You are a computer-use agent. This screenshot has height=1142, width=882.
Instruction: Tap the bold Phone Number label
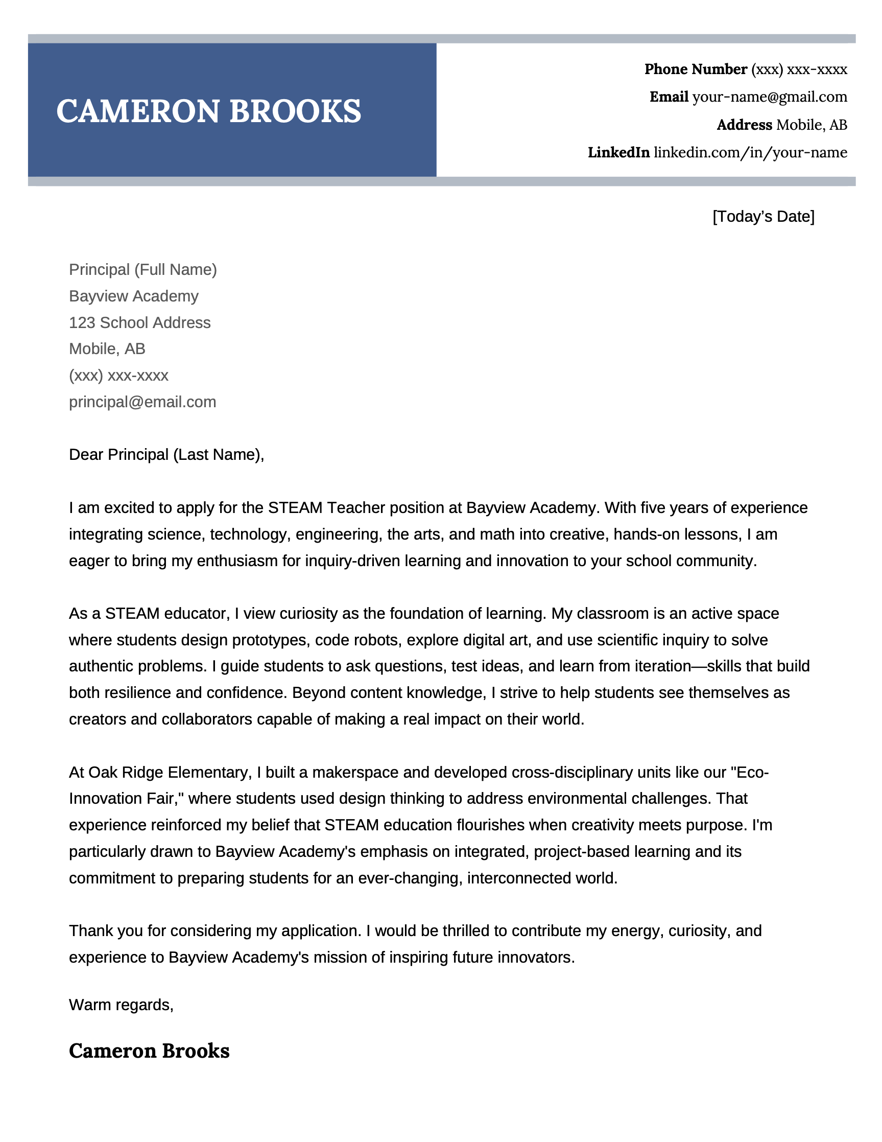(696, 69)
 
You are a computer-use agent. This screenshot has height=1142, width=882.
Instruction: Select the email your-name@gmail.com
(769, 97)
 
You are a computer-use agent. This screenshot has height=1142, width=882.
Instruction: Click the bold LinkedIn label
(618, 152)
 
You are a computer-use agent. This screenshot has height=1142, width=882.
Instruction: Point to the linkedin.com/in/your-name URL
(750, 152)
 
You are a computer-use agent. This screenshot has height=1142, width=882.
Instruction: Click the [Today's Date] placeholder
(763, 217)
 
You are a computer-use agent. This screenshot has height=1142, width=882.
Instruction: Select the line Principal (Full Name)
(142, 269)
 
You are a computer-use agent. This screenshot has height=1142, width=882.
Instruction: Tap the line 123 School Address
(139, 322)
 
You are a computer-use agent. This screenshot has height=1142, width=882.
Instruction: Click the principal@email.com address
(142, 402)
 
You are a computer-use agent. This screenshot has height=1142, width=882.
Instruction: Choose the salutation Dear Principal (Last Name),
(166, 454)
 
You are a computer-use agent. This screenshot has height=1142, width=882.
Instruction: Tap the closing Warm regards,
(121, 1005)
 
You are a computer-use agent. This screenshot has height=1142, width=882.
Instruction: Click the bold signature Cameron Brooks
(149, 1051)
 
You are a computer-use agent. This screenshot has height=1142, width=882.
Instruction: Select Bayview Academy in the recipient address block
(134, 296)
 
